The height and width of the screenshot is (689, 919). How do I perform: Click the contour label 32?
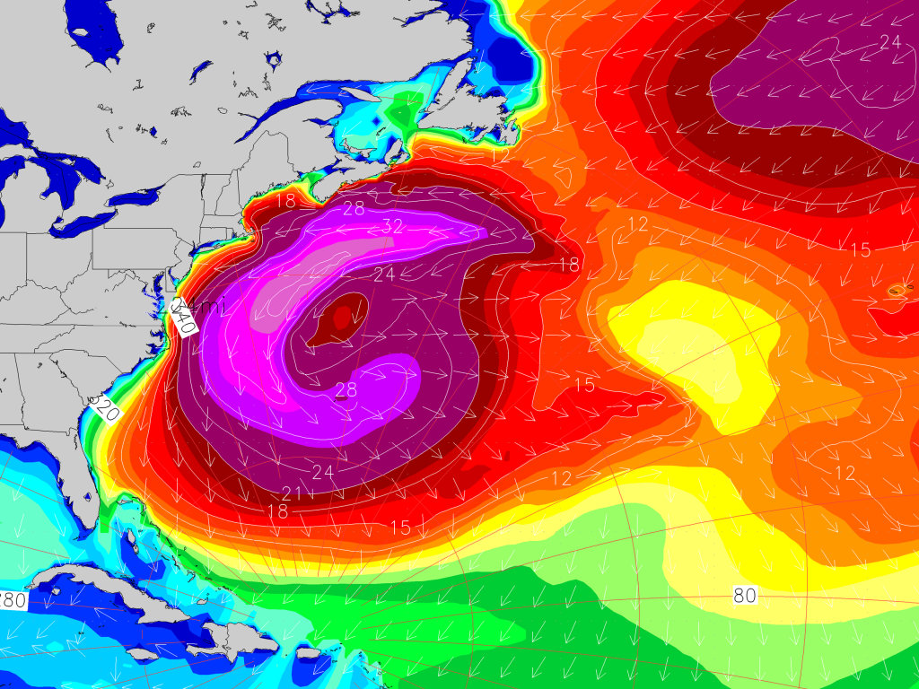pyautogui.click(x=392, y=227)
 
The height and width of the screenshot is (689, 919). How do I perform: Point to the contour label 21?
pyautogui.click(x=291, y=493)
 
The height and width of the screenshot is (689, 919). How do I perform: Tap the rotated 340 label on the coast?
pyautogui.click(x=182, y=317)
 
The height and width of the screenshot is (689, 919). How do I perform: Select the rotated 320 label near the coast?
pyautogui.click(x=105, y=410)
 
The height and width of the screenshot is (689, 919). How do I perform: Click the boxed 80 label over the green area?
pyautogui.click(x=744, y=595)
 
